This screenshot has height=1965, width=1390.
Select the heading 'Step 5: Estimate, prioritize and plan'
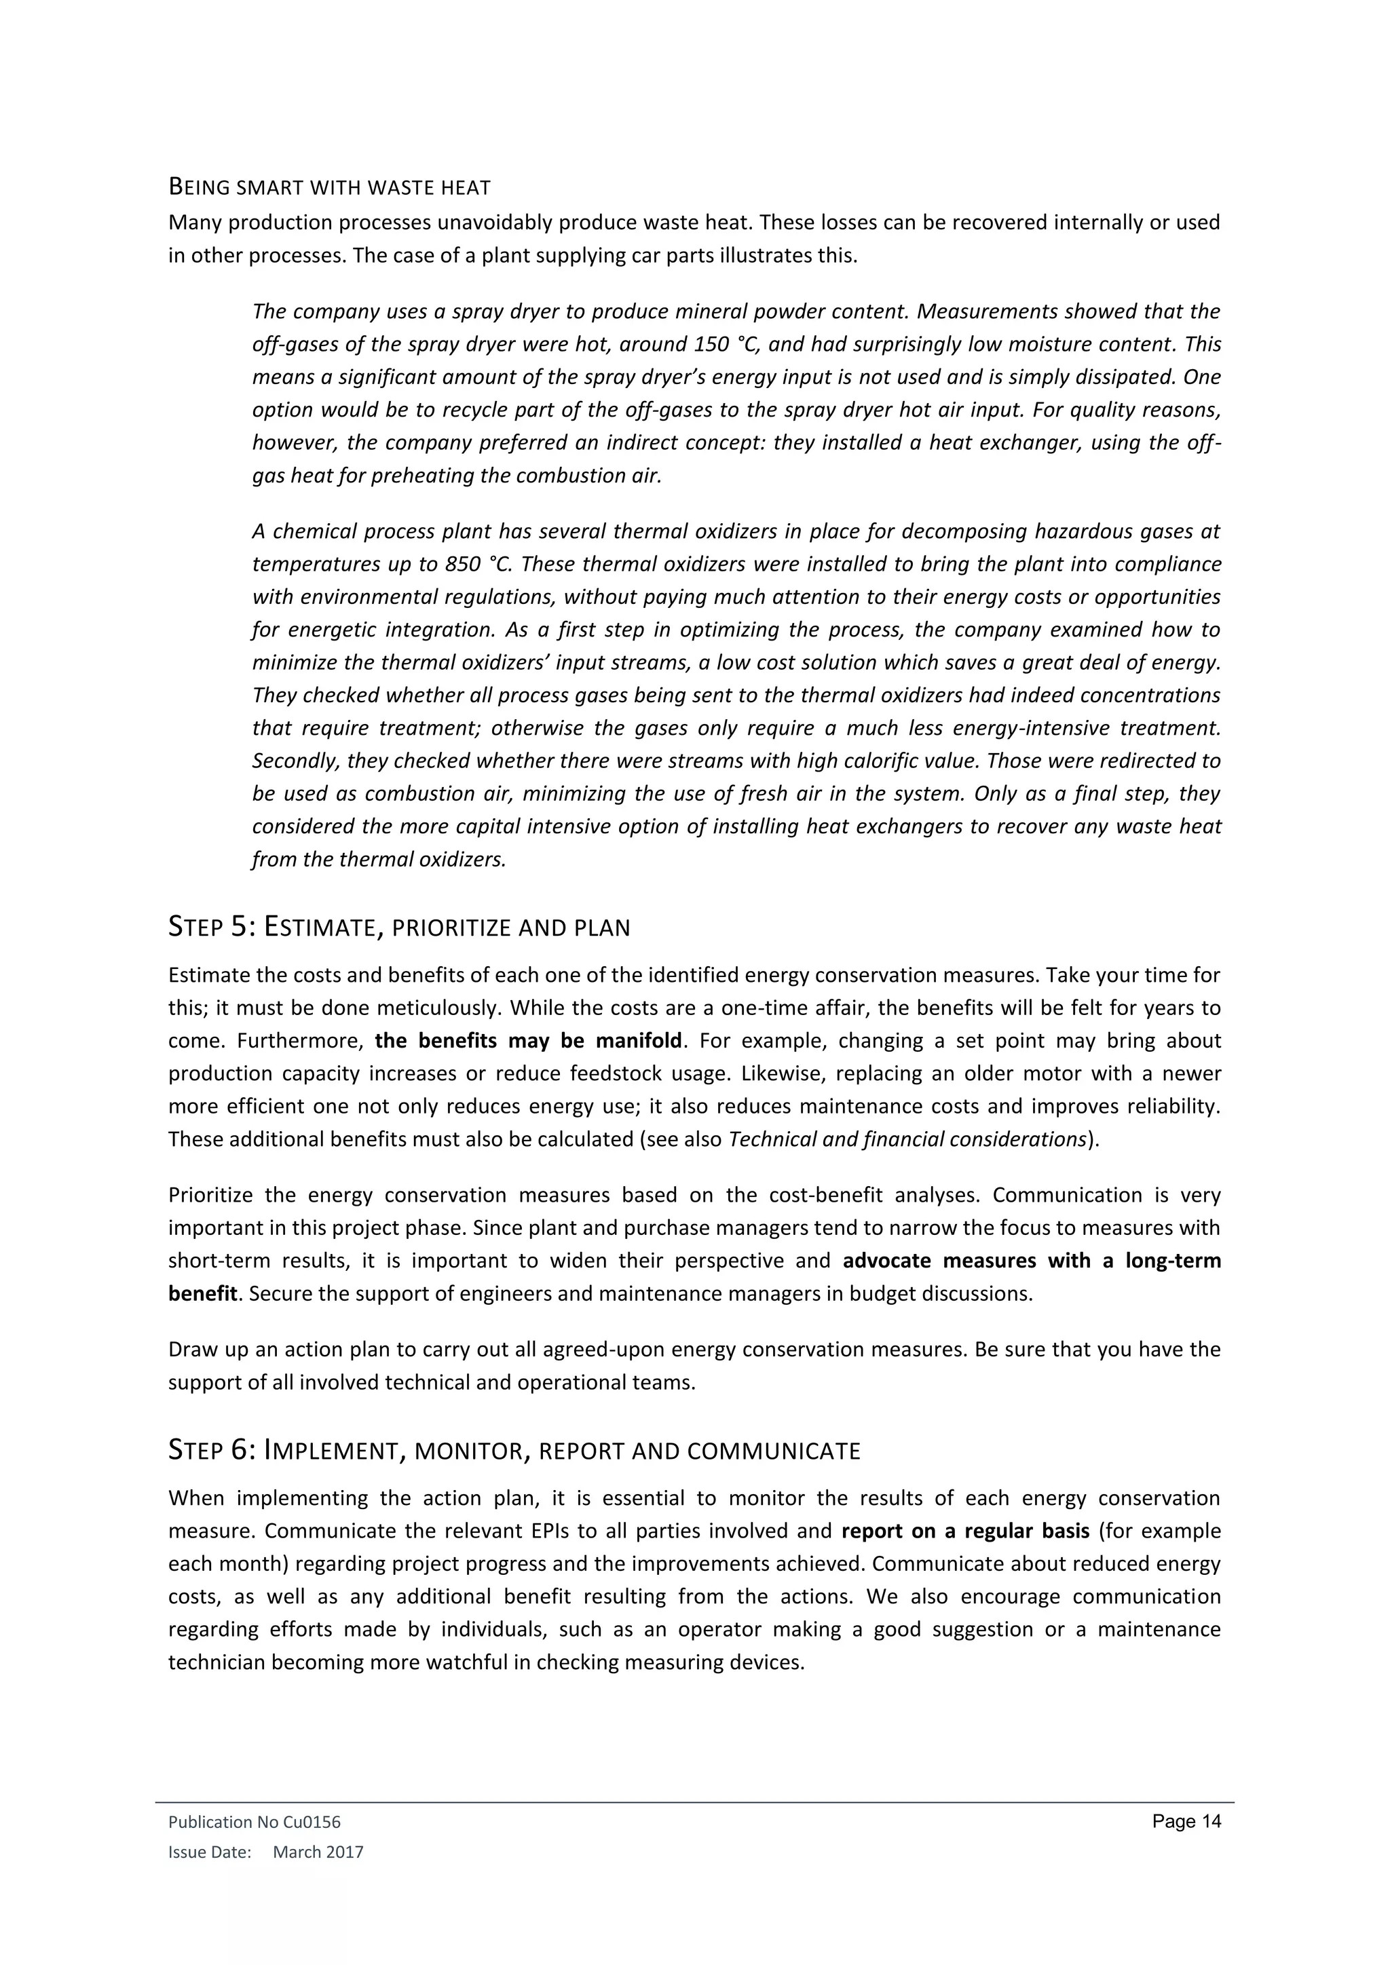coord(399,927)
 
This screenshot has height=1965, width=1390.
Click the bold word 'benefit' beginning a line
coord(202,1293)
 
